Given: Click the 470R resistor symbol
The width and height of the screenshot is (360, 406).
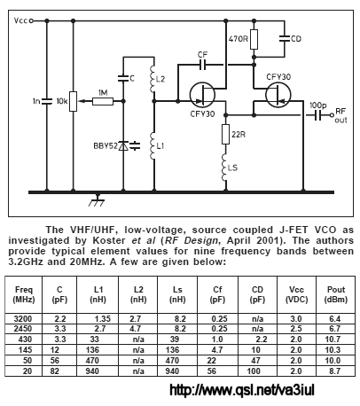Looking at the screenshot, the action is coord(254,39).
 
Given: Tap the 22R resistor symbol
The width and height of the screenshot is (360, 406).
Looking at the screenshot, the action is coord(225,134).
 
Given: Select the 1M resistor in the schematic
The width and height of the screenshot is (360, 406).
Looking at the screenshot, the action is coord(103,101).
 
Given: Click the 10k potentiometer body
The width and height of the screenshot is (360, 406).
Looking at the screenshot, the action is coord(74,101).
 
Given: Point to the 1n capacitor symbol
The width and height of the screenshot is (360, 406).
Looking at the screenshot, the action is coord(47,101).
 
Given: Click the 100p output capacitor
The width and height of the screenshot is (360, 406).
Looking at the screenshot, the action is coord(317,115).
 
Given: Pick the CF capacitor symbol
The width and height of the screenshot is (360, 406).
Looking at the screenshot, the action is coord(203,65).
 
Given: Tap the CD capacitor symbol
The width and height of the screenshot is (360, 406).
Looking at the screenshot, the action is coord(285,38).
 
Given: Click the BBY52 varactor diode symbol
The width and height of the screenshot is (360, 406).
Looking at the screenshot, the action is coord(123,145).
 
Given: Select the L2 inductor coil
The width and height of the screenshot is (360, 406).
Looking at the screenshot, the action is coord(153,79).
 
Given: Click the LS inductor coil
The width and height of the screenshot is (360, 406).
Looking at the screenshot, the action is coord(224,168).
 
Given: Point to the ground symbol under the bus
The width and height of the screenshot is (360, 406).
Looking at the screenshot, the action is coord(98,200).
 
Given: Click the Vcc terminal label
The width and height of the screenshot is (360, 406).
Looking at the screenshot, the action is coord(20,20).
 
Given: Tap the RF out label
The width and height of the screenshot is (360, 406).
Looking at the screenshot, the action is coord(340,115).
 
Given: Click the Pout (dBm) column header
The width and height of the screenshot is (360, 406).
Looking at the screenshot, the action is coord(336,294).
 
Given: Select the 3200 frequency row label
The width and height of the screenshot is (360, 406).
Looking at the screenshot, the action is coord(23,319).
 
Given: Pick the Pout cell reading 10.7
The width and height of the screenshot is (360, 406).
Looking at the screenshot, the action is coord(333,340).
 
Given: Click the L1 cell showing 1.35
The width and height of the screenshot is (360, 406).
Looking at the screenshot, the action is coord(103,319).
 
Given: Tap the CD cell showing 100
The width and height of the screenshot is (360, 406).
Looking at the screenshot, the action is coord(254,371).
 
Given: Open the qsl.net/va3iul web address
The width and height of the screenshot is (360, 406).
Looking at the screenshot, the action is coord(242,390).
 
